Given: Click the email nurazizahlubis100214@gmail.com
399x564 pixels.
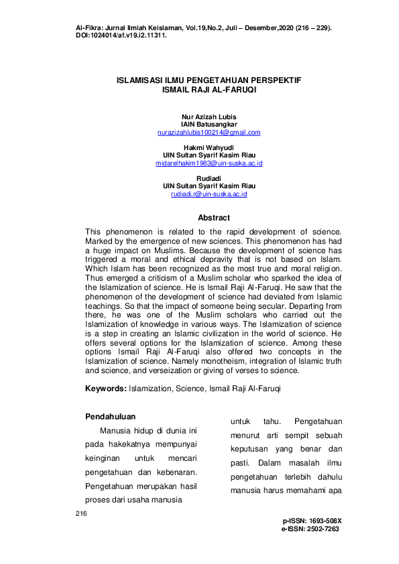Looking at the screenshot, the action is click(x=209, y=133).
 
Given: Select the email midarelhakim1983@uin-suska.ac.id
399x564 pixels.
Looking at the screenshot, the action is click(x=209, y=163).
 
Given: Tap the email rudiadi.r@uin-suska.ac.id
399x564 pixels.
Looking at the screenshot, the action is click(x=209, y=194).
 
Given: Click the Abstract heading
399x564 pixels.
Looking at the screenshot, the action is click(x=214, y=218).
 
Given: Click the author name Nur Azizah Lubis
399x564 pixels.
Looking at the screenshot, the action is click(x=209, y=117).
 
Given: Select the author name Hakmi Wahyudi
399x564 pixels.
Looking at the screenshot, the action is click(x=209, y=147).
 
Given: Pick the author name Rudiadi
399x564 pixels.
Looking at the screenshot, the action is click(x=209, y=178).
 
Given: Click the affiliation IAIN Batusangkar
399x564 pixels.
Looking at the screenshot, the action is click(x=209, y=125).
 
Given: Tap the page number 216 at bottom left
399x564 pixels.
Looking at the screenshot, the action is click(x=82, y=513).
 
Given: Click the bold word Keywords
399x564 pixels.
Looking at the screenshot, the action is click(x=105, y=389).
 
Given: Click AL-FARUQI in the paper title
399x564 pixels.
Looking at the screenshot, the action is click(x=234, y=88).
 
